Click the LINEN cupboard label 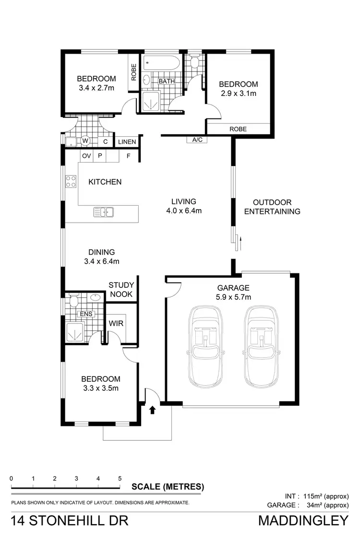127,142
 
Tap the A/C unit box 197,140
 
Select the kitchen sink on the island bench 103,211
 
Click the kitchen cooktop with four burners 71,181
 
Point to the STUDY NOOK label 121,290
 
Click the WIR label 116,323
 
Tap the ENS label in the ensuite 86,314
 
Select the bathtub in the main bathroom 161,63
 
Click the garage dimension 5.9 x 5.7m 234,297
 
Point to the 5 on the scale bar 120,478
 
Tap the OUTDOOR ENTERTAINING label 272,207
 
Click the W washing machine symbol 85,141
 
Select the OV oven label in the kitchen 86,156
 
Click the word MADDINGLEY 303,520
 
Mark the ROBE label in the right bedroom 238,129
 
